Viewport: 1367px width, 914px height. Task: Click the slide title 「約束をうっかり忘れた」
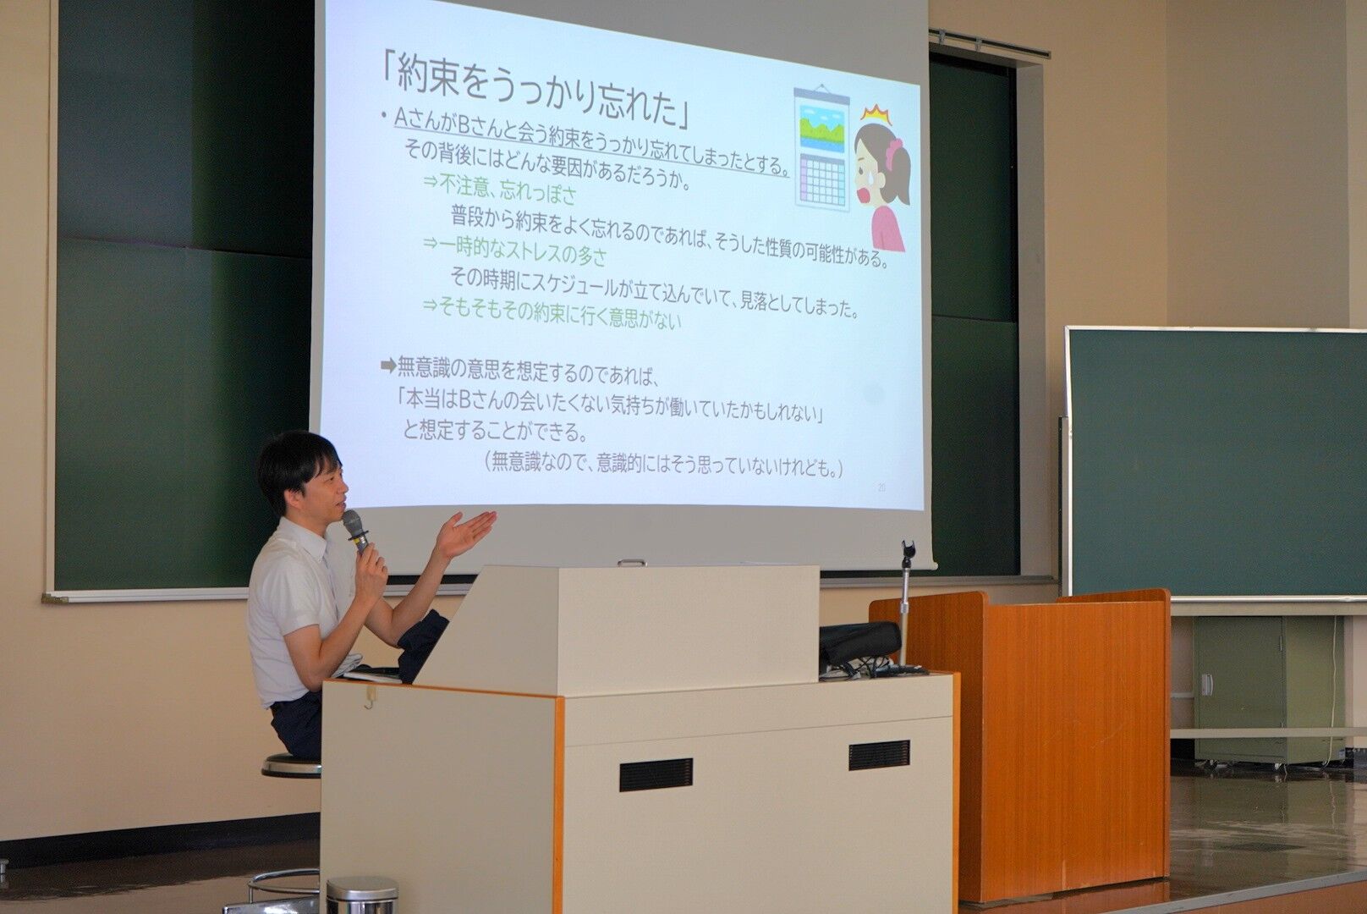[535, 91]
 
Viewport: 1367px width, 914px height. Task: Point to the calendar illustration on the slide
[822, 149]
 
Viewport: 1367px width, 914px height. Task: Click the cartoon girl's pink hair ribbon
[895, 153]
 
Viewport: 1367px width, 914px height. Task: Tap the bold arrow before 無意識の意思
[388, 366]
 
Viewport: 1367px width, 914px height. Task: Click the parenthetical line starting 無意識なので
[665, 465]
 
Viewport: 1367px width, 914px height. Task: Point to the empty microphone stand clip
[908, 553]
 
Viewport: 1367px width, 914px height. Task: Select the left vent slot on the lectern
[656, 774]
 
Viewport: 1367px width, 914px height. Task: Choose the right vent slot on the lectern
[879, 755]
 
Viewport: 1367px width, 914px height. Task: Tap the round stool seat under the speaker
[292, 765]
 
